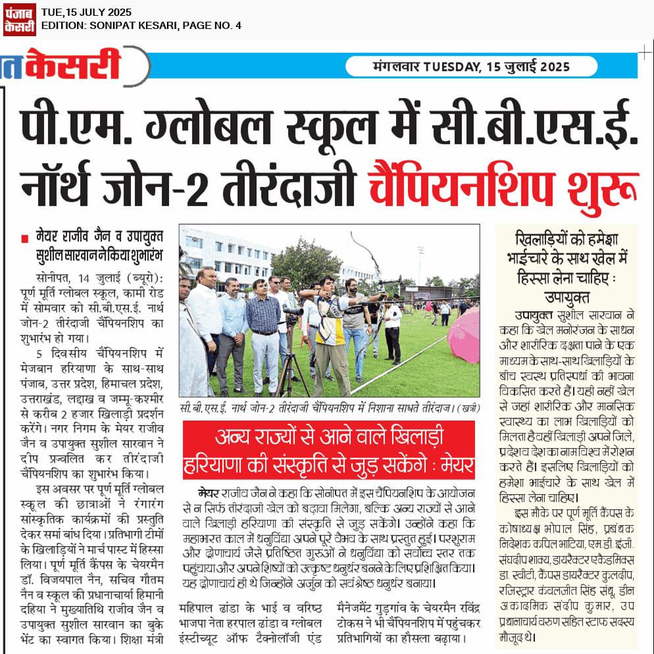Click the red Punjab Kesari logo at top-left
[x=19, y=18]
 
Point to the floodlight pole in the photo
[x=420, y=263]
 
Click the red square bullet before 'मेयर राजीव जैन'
[x=24, y=236]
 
